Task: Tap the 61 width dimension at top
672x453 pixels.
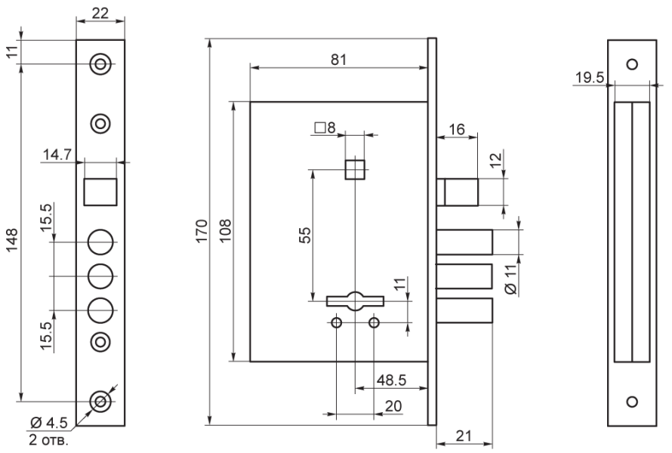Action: pos(339,60)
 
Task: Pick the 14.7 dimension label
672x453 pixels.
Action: pos(57,154)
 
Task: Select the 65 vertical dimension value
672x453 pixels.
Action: pos(304,236)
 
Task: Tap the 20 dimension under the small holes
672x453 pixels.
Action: pos(393,406)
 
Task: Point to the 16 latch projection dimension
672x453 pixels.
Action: pos(456,129)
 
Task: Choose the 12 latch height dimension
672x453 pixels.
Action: pos(495,161)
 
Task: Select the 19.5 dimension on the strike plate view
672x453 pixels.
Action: pos(588,77)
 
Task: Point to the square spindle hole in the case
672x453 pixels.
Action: pos(355,168)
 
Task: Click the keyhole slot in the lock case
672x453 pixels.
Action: pos(355,300)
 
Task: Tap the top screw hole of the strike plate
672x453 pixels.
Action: pos(633,63)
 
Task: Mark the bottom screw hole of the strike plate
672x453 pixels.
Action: pos(633,401)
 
